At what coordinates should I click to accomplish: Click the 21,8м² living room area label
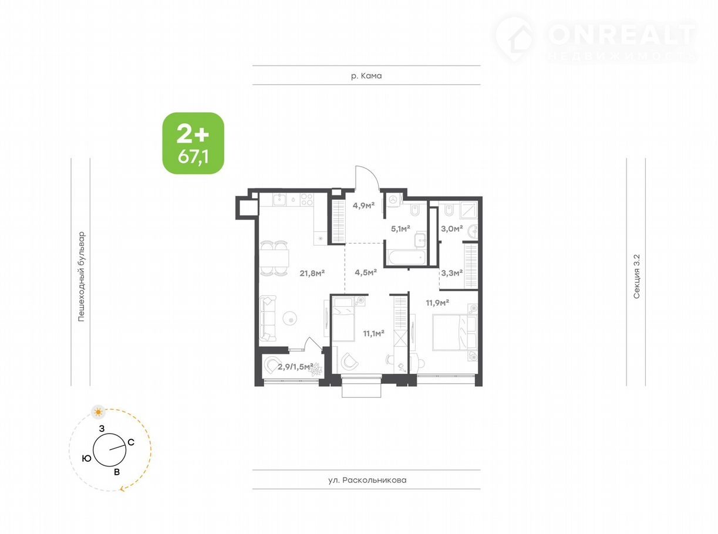(312, 273)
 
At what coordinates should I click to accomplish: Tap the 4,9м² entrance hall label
(363, 205)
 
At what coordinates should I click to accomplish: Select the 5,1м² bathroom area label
(400, 229)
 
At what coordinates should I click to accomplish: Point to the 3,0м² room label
(451, 229)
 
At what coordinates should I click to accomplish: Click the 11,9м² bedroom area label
(437, 303)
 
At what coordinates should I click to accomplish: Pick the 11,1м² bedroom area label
(373, 333)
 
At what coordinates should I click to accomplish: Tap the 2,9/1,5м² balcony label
(295, 367)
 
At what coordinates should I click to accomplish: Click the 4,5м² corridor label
(366, 272)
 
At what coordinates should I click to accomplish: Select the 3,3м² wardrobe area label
(451, 273)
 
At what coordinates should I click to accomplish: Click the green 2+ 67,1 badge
(193, 143)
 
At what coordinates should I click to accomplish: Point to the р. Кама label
(366, 76)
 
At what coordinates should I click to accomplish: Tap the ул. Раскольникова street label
(367, 480)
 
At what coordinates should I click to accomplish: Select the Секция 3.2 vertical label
(636, 276)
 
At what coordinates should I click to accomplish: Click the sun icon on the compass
(98, 413)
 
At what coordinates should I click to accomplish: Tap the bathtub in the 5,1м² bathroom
(406, 258)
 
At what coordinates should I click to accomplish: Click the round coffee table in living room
(290, 318)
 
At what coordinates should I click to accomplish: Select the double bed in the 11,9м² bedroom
(454, 333)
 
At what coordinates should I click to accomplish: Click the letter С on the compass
(131, 442)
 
